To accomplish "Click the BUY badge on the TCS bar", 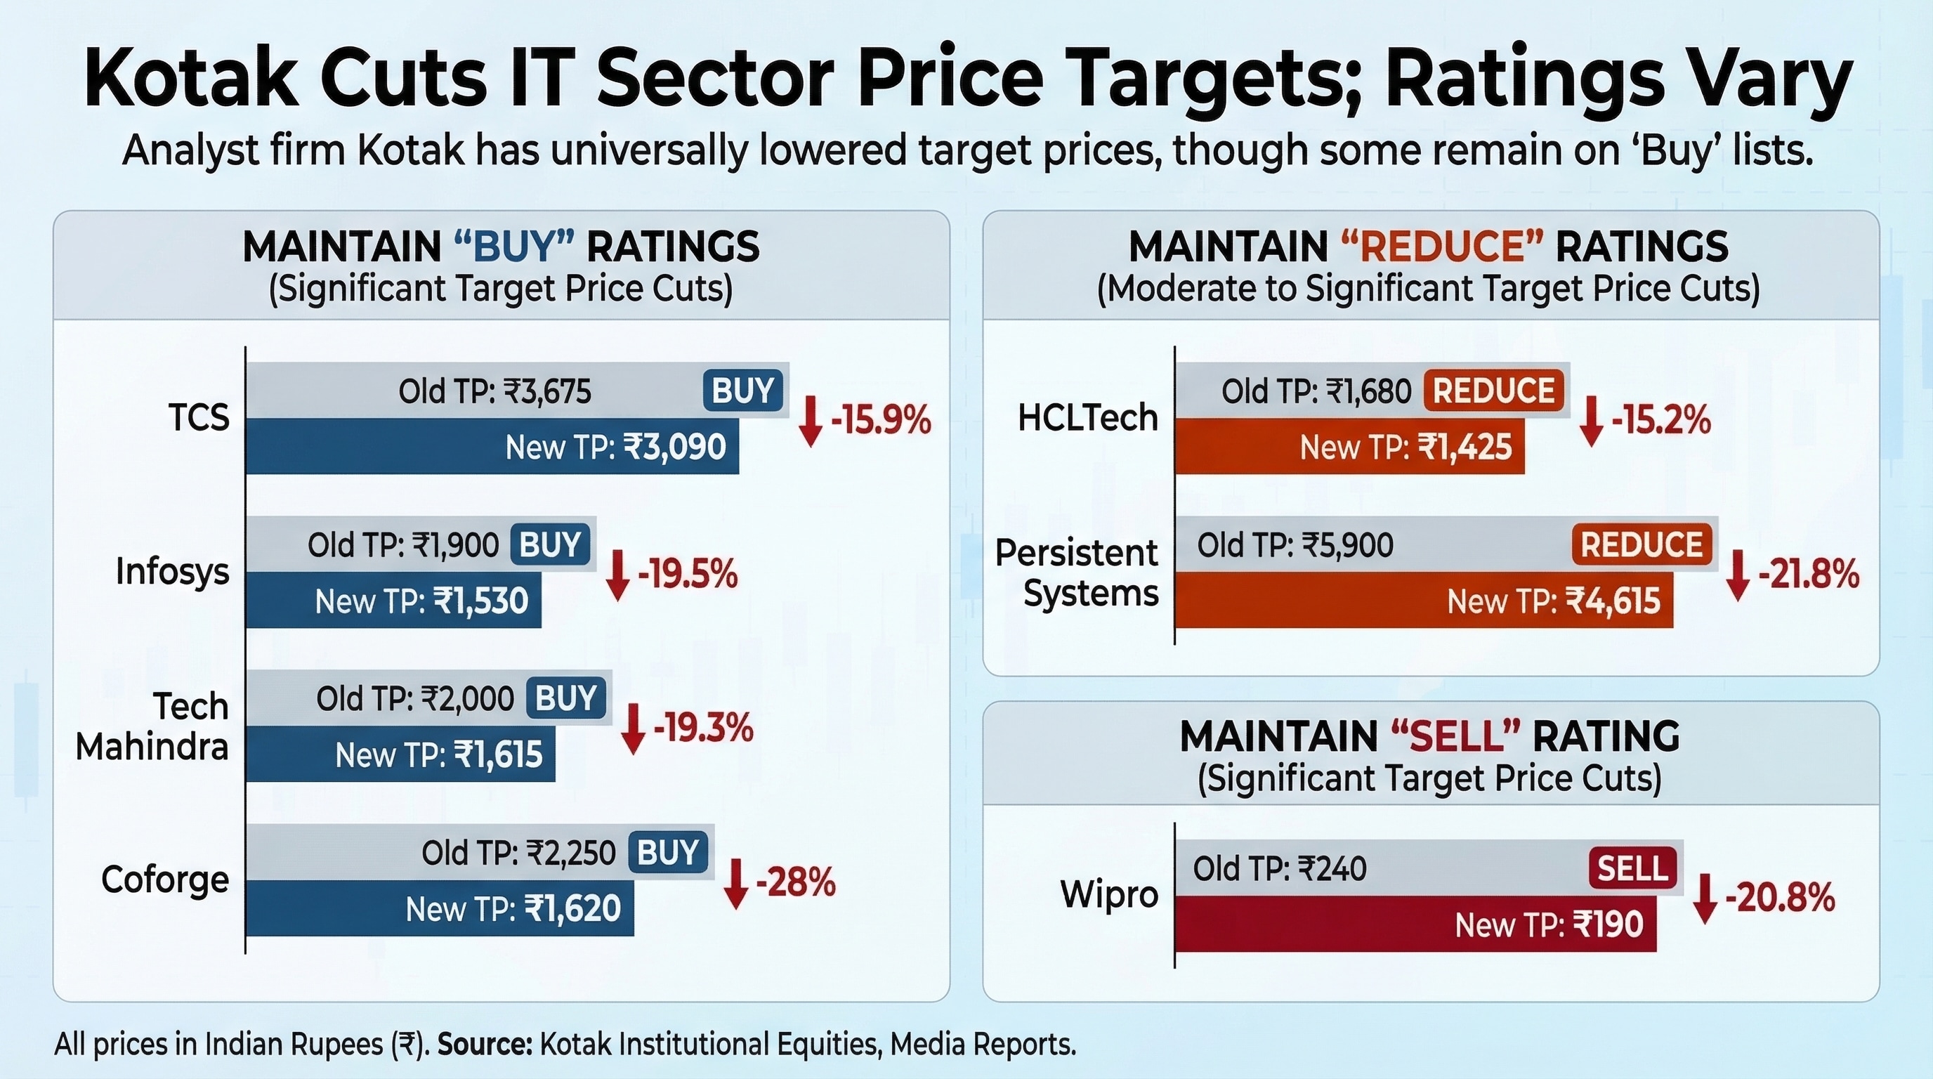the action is [743, 390].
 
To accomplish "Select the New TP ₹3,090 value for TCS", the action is [615, 447].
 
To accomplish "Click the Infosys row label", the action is [173, 573].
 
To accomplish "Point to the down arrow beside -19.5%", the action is [617, 575].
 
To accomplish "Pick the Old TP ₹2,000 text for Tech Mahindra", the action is [415, 698].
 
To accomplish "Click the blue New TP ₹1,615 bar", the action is [400, 754].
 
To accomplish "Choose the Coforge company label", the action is [165, 880].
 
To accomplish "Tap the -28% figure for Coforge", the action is [795, 882].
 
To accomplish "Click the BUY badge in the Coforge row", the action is [668, 852].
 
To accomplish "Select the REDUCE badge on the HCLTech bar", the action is [1493, 390].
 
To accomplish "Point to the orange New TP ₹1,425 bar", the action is [1350, 447].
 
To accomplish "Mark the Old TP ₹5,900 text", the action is [1295, 544].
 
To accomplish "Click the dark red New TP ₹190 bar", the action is [1415, 924].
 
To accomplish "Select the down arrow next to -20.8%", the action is [1705, 899].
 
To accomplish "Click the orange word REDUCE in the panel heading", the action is [1441, 247].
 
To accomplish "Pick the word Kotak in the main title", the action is [191, 78].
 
